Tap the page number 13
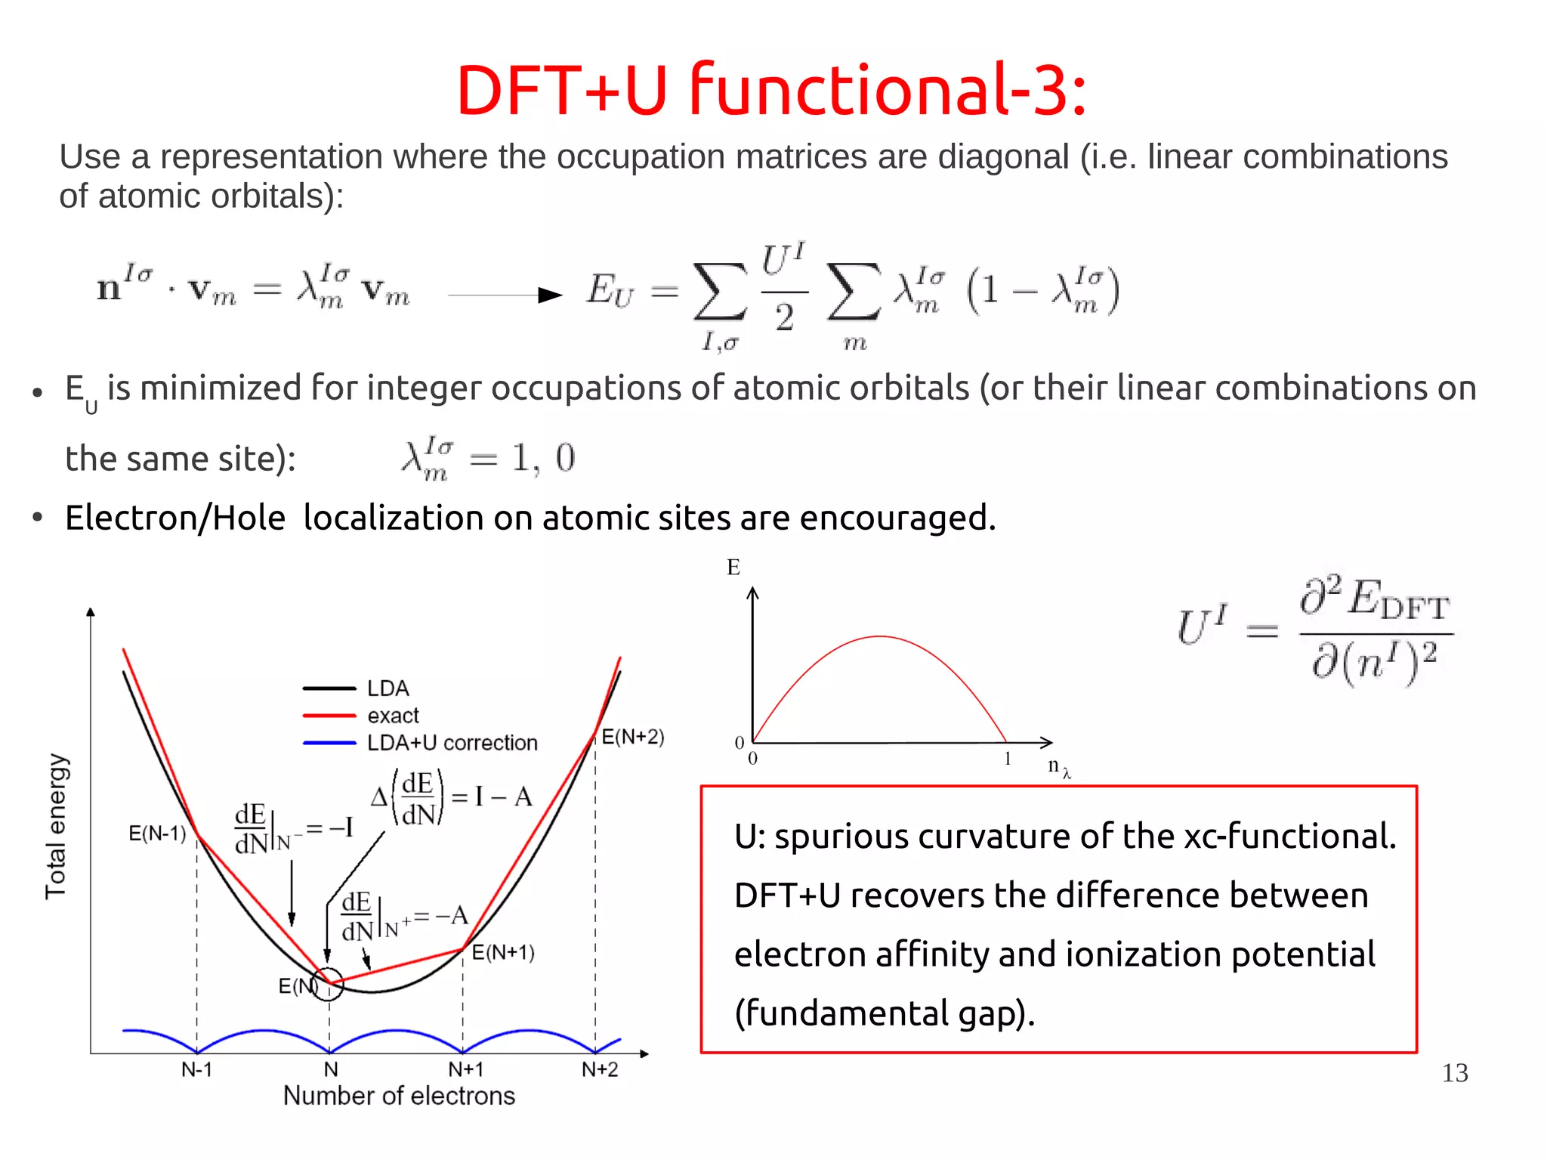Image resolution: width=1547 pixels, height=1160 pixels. (1454, 1073)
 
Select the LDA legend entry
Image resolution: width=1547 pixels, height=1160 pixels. (388, 688)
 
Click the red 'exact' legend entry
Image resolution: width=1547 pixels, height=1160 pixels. (393, 716)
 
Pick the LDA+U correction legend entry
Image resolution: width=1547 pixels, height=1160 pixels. (452, 743)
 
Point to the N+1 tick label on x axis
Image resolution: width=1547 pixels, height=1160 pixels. (465, 1070)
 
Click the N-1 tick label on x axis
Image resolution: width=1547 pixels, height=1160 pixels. (196, 1070)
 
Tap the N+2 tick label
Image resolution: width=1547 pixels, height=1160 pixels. (600, 1070)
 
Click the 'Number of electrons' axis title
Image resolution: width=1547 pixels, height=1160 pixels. (399, 1096)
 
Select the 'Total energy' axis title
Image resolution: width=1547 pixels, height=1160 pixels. (56, 826)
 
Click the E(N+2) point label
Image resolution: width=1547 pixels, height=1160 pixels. (632, 737)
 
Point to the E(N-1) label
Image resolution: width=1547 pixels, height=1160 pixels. (157, 834)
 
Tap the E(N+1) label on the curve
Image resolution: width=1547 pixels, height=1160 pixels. (503, 953)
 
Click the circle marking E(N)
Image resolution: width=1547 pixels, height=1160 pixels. (328, 984)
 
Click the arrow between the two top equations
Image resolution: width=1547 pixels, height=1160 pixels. (505, 295)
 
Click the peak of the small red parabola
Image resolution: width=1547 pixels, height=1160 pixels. (880, 637)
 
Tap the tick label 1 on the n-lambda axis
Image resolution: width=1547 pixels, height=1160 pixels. (1007, 759)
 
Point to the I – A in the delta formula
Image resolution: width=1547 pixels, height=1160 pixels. (503, 797)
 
